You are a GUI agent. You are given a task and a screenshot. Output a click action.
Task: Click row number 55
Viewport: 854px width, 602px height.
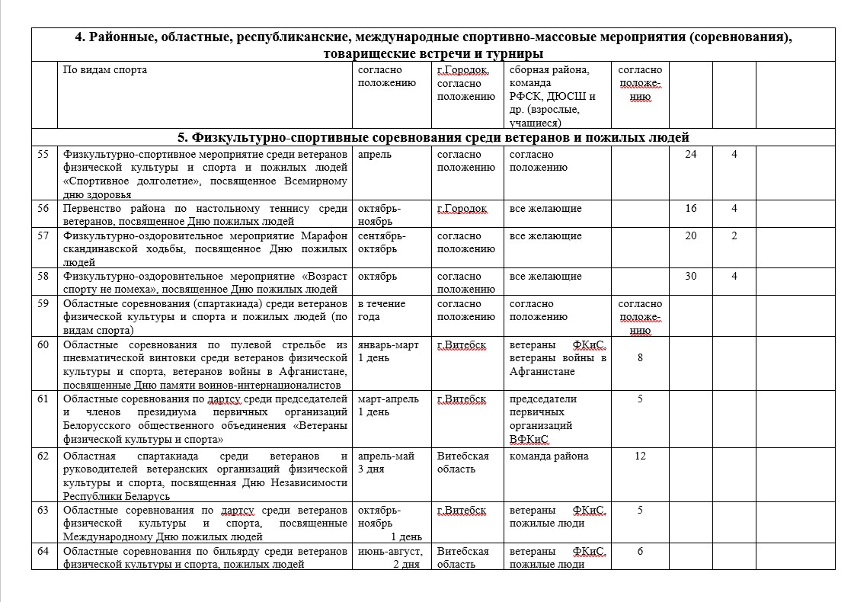(x=43, y=155)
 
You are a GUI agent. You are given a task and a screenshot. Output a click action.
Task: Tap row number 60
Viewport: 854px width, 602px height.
(x=43, y=345)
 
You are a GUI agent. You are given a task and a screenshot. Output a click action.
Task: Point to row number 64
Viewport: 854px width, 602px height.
(x=43, y=551)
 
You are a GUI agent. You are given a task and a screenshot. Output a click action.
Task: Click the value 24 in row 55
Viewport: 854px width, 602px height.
(x=690, y=155)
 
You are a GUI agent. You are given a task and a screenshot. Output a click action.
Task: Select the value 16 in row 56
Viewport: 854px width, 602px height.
(x=690, y=209)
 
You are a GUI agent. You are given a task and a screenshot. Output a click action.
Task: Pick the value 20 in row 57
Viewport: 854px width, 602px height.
(x=690, y=236)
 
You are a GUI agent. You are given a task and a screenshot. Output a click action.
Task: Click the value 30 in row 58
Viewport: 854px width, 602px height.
(x=690, y=277)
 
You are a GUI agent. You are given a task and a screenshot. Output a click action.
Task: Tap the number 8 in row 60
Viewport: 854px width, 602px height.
(x=640, y=358)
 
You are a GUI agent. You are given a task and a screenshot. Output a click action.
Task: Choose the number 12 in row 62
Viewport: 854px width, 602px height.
(x=640, y=456)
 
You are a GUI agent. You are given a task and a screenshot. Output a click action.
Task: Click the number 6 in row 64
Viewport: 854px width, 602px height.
(x=640, y=551)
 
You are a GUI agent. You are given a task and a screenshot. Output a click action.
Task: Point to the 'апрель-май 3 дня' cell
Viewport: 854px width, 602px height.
(x=386, y=463)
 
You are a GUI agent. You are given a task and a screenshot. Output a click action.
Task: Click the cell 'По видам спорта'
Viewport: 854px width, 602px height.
(x=105, y=70)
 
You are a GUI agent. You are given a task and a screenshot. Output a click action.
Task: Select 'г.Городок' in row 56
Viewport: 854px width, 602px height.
(x=462, y=209)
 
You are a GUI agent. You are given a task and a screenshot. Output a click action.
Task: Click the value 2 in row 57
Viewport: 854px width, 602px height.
(x=734, y=236)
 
